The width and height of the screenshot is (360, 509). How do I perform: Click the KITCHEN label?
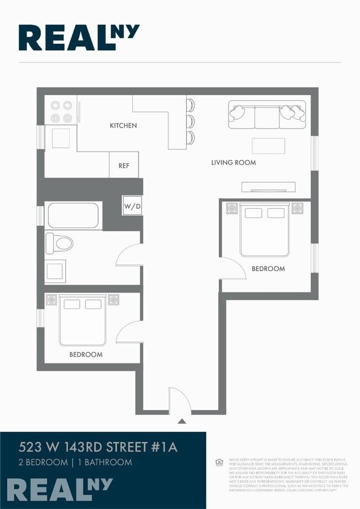tap(123, 126)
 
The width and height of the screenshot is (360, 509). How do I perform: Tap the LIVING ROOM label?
tap(233, 163)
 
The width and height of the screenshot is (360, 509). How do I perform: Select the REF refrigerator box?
tap(124, 165)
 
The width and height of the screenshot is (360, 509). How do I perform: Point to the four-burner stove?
tap(61, 111)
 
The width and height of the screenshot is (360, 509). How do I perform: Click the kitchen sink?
tap(61, 138)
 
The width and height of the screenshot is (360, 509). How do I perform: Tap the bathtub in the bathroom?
tap(73, 215)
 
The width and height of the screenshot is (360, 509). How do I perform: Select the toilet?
tap(59, 243)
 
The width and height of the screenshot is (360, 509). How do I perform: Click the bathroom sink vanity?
tap(55, 271)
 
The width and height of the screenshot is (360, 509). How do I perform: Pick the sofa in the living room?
tap(266, 114)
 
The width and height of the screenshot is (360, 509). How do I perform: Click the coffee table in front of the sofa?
tap(268, 146)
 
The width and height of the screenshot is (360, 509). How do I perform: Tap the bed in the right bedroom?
tap(265, 230)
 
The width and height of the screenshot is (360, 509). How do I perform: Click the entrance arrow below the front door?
tap(181, 421)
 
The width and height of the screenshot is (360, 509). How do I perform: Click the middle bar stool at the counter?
tap(191, 121)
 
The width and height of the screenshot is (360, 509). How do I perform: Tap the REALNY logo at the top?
tap(79, 38)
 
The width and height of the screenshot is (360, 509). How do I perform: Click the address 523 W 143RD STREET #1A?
tap(98, 447)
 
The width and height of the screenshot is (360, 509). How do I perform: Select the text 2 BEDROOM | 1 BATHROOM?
tap(75, 462)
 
